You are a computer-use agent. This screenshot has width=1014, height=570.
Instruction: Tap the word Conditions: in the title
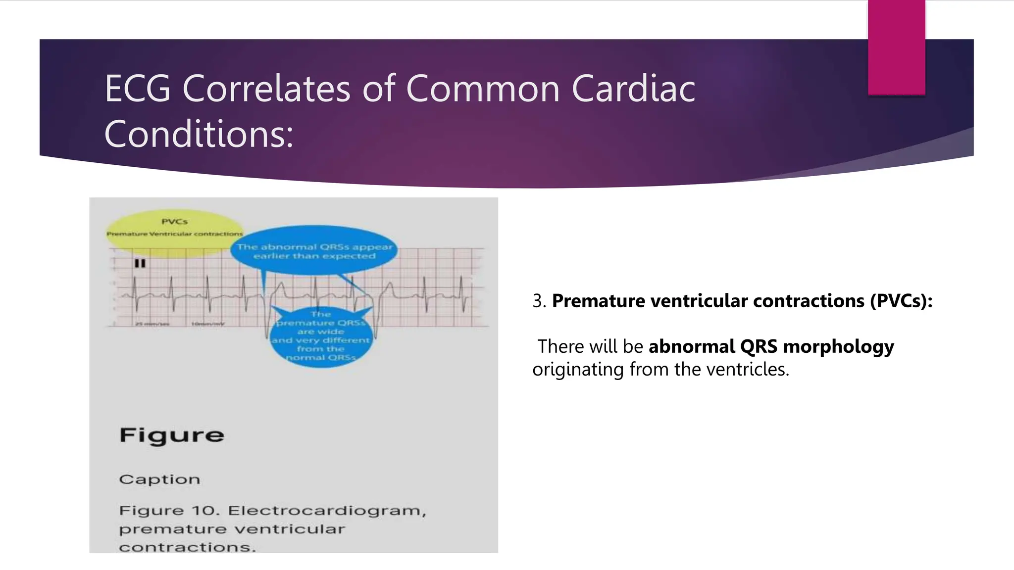point(199,134)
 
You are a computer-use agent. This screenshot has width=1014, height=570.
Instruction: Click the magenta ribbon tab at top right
point(896,47)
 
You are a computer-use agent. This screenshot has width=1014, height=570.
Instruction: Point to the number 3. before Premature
point(539,301)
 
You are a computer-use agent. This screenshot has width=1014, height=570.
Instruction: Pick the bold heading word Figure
point(172,435)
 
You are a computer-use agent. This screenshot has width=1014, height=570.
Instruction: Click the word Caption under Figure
point(159,479)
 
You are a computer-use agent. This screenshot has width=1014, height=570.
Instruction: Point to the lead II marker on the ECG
point(140,263)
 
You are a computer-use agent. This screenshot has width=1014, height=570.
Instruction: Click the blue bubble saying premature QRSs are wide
point(321,336)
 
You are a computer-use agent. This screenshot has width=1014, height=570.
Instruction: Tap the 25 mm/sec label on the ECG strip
point(152,324)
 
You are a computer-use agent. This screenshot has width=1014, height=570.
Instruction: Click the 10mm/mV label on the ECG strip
point(207,324)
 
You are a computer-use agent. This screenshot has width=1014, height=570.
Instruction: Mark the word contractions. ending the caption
point(187,547)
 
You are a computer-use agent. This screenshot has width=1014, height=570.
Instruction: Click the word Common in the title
point(483,89)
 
